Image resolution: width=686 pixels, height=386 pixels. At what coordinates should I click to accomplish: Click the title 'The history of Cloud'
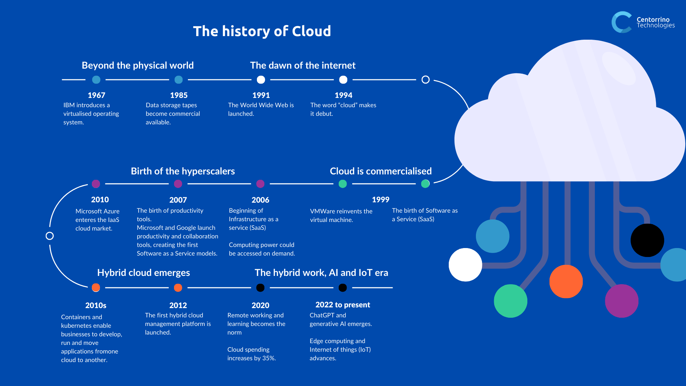pos(262,31)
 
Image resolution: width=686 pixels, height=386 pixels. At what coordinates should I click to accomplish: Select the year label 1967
pos(96,95)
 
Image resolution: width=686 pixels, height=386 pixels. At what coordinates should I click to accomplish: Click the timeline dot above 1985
pos(179,80)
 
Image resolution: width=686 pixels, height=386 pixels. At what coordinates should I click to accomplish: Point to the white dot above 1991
pos(261,80)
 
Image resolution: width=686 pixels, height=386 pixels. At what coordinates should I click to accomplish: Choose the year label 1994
pos(343,95)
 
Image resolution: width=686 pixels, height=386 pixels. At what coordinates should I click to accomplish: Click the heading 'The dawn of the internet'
pos(303,65)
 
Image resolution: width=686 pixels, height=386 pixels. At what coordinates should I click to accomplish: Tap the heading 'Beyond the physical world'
pos(138,65)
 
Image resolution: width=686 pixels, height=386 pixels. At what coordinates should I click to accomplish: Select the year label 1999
pos(381,199)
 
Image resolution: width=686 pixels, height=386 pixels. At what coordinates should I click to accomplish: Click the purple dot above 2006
pos(260,184)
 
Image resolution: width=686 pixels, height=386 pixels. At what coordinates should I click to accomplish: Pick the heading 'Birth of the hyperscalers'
pos(183,171)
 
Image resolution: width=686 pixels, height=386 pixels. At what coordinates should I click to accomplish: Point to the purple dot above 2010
pos(96,184)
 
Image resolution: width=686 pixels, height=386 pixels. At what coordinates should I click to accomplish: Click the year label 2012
pos(178,305)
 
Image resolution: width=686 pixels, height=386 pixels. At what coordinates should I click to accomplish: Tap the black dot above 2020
pos(260,288)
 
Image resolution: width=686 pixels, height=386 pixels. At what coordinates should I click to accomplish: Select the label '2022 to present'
pos(343,305)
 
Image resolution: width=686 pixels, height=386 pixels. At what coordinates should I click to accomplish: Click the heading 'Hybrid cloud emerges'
pos(143,273)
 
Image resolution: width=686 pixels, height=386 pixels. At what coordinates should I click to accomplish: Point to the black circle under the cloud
pos(647,240)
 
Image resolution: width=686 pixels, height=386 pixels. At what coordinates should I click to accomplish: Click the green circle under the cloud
pos(511,301)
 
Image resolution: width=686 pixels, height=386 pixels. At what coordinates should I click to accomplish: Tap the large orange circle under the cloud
pos(566,281)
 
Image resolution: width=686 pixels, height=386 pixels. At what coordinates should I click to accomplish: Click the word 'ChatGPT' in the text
pos(322,315)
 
